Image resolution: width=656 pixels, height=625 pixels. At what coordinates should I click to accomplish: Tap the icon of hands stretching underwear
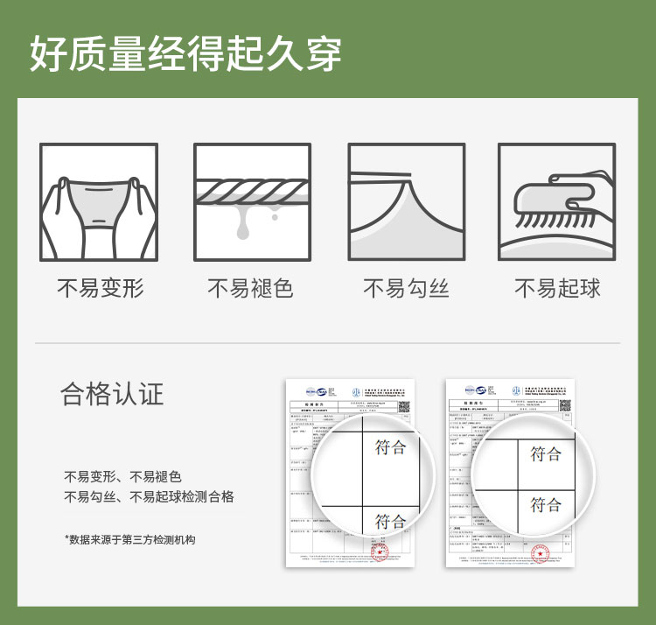click(99, 201)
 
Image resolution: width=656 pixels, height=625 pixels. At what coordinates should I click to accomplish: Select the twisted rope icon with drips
click(252, 201)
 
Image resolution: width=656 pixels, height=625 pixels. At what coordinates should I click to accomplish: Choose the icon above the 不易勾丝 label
click(406, 201)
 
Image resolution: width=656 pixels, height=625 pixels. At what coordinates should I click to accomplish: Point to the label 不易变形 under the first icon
click(99, 288)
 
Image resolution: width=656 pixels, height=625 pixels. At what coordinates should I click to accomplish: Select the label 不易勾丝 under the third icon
click(406, 288)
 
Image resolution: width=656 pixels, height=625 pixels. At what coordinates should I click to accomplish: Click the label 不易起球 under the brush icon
click(557, 288)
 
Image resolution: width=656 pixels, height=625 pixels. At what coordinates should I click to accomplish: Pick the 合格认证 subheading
click(112, 394)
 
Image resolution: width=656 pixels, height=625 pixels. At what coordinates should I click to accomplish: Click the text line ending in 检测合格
click(149, 497)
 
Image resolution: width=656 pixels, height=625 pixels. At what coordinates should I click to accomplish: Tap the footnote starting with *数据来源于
click(129, 539)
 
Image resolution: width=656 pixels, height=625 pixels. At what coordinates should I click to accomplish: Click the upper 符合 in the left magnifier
click(391, 447)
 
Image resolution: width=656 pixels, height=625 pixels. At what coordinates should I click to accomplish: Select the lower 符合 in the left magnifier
click(391, 521)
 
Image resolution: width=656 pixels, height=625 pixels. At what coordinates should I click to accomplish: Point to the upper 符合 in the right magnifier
click(546, 453)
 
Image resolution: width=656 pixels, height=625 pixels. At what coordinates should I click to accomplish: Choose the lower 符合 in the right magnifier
click(546, 504)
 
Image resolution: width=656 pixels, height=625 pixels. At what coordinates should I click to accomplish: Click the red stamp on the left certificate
click(380, 553)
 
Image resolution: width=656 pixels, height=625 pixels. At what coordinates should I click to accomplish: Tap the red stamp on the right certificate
click(541, 553)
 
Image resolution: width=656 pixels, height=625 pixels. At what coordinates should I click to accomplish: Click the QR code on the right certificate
click(565, 405)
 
